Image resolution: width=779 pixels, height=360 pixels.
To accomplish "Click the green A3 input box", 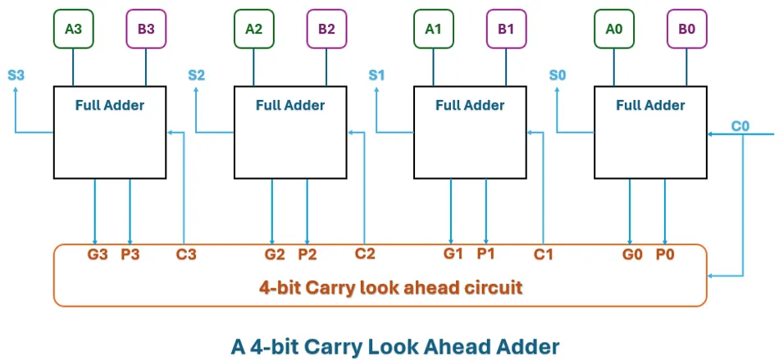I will [74, 30].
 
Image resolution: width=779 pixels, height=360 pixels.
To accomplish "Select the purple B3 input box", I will [146, 30].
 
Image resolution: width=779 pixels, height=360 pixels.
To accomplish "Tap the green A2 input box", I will [254, 30].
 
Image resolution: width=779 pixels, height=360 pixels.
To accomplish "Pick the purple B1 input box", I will [506, 30].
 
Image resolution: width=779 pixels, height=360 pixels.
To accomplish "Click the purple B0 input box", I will [686, 30].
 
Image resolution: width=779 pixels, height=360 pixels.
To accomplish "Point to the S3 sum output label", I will [16, 75].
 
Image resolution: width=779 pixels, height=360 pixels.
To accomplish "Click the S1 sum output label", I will [376, 75].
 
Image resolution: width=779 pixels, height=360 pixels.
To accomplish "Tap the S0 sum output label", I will [558, 75].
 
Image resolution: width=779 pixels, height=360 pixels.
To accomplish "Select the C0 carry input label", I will [740, 126].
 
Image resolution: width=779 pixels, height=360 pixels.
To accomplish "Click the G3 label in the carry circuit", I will [98, 254].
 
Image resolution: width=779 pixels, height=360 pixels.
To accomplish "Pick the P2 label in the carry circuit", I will [307, 254].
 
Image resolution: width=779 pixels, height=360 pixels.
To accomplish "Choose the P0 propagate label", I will [664, 254].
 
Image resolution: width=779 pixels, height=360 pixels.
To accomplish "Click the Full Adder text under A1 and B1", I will [470, 105].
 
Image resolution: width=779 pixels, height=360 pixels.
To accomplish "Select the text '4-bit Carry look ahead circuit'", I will [390, 288].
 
